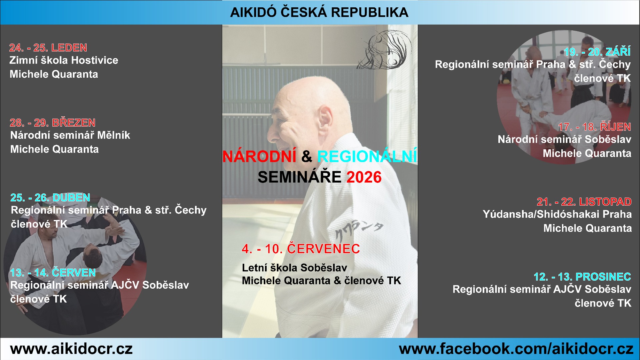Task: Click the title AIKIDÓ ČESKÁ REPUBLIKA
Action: (x=319, y=12)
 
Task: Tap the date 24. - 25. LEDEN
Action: (x=48, y=48)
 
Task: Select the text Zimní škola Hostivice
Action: (x=64, y=60)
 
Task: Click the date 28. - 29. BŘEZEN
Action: (x=53, y=122)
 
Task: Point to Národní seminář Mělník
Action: (x=70, y=135)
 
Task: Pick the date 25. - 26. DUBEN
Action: (x=50, y=198)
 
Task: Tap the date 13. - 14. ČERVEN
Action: (x=53, y=272)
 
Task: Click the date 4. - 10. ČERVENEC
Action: (x=301, y=249)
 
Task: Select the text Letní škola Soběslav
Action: (x=294, y=268)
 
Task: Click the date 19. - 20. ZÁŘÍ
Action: (x=597, y=52)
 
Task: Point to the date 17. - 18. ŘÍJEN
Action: (x=594, y=127)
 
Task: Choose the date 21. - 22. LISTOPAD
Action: (x=584, y=202)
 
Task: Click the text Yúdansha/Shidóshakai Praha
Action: (x=557, y=214)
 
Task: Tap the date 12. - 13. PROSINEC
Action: (x=582, y=277)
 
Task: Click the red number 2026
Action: (x=364, y=177)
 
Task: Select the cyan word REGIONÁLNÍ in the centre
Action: (x=367, y=156)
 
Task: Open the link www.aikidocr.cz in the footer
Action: (x=71, y=349)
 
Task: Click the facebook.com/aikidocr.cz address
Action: (x=516, y=349)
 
